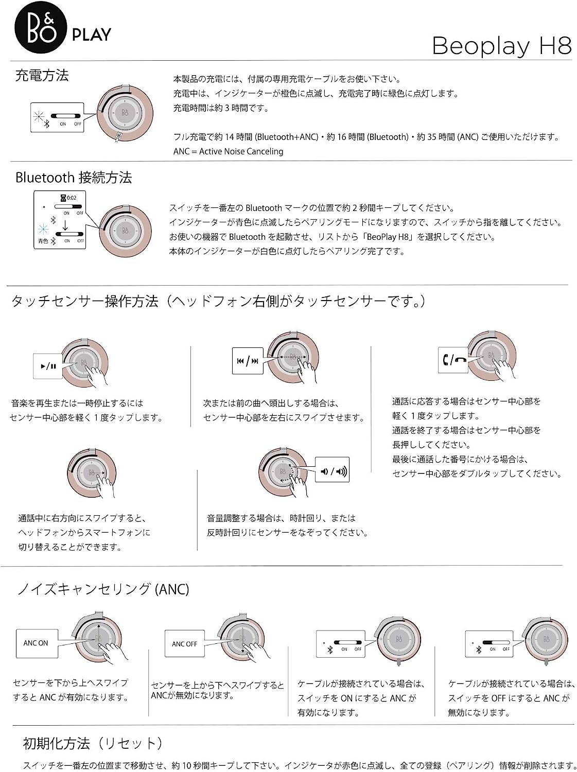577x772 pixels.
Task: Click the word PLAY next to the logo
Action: (x=92, y=35)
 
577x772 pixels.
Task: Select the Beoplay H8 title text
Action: (x=501, y=46)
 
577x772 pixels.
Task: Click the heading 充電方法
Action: (x=42, y=76)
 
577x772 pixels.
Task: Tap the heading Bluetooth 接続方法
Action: (x=74, y=178)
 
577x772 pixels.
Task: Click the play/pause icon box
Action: (x=48, y=366)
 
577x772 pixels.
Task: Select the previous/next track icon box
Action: (x=248, y=361)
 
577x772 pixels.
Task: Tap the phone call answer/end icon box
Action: (x=454, y=360)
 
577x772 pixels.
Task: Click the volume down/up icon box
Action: (x=333, y=470)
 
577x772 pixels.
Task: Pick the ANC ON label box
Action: (x=36, y=643)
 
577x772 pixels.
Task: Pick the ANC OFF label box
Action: (x=184, y=644)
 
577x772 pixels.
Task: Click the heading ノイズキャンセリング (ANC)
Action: (x=103, y=589)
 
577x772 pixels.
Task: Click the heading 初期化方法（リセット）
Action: (x=93, y=743)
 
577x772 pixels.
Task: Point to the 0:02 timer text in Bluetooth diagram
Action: (x=72, y=198)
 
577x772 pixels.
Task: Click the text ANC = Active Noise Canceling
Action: (x=228, y=151)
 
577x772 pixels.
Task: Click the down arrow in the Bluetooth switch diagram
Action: (x=65, y=225)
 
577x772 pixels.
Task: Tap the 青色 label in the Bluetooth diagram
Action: (x=43, y=241)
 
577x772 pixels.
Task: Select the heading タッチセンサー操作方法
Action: (x=84, y=302)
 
